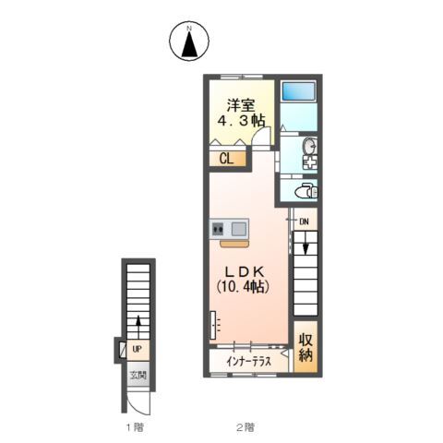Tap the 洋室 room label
pyautogui.click(x=241, y=105)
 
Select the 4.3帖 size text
pyautogui.click(x=242, y=121)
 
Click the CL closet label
pyautogui.click(x=227, y=159)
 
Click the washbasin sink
pyautogui.click(x=309, y=146)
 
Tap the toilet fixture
pyautogui.click(x=306, y=191)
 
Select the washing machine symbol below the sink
pyautogui.click(x=309, y=162)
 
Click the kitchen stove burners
pyautogui.click(x=218, y=229)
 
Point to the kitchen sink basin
pyautogui.click(x=239, y=229)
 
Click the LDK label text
pyautogui.click(x=245, y=271)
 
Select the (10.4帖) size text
pyautogui.click(x=243, y=287)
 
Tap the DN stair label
pyautogui.click(x=304, y=221)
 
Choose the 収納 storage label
pyautogui.click(x=305, y=348)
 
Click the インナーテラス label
pyautogui.click(x=248, y=361)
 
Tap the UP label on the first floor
pyautogui.click(x=137, y=349)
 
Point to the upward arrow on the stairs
pyautogui.click(x=138, y=327)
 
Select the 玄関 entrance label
pyautogui.click(x=138, y=376)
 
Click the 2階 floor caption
pyautogui.click(x=245, y=427)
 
